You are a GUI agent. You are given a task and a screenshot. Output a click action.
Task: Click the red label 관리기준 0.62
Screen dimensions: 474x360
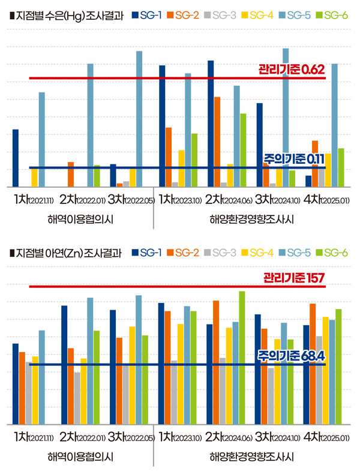coord(291,69)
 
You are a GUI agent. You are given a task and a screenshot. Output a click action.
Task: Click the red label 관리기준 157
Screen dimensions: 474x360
coord(293,278)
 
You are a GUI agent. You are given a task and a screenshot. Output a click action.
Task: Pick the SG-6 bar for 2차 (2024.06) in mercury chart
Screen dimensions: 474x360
coord(243,150)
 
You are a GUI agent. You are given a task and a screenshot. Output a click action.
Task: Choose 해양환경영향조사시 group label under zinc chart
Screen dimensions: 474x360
coord(251,457)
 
